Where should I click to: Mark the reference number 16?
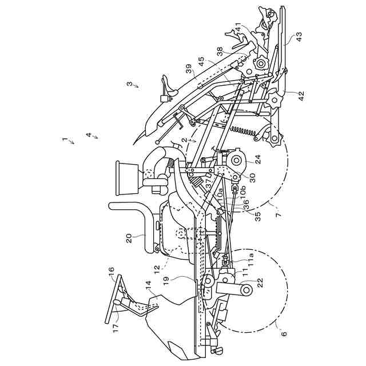[111, 269]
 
